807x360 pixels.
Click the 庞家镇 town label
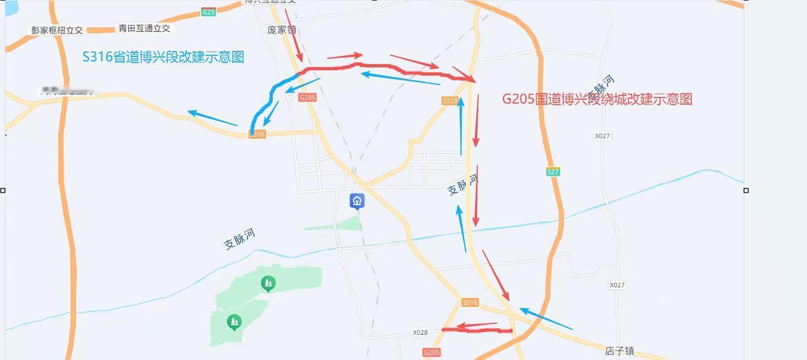(x=282, y=30)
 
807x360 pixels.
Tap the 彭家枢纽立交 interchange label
(x=57, y=30)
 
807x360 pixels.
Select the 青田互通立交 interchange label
(x=144, y=28)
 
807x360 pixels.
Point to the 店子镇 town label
(x=619, y=351)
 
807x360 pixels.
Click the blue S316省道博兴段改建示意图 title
(x=163, y=57)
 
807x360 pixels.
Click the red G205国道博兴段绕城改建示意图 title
(x=597, y=99)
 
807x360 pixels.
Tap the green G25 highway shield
(x=208, y=12)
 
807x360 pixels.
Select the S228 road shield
(x=450, y=101)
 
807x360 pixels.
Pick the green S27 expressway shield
(x=553, y=172)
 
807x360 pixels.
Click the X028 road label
(x=420, y=332)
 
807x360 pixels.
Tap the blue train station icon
(x=357, y=201)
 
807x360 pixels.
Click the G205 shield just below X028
(x=431, y=352)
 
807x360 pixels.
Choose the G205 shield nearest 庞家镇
(x=308, y=97)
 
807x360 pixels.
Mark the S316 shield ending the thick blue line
(x=257, y=135)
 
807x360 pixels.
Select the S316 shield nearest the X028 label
(x=470, y=303)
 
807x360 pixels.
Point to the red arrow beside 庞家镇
(x=294, y=35)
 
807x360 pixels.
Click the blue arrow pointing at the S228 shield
(x=461, y=126)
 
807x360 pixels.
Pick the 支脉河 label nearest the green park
(x=240, y=239)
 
